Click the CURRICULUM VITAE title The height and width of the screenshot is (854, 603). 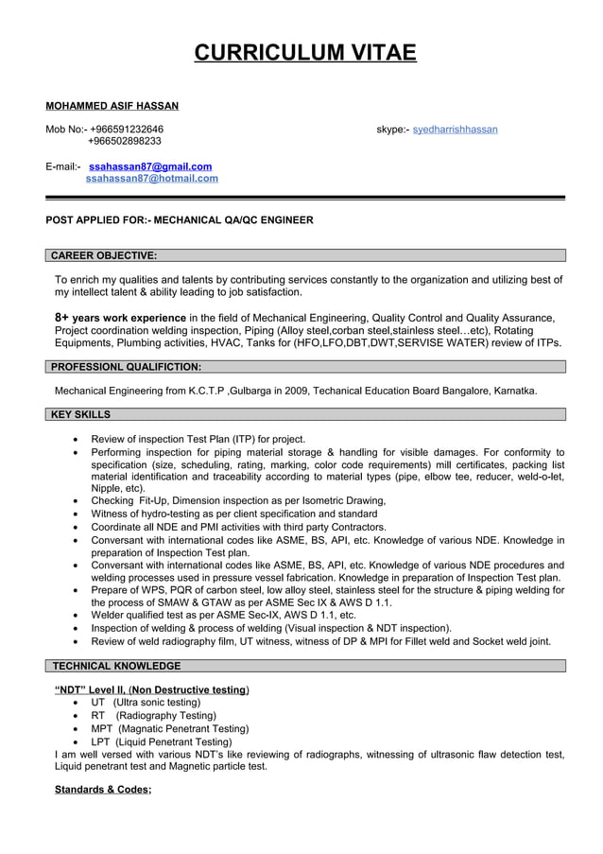tap(304, 52)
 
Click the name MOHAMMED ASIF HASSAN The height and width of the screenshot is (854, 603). tap(112, 106)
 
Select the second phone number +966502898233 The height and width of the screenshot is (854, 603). tap(125, 141)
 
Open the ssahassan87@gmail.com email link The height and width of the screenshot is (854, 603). tap(150, 166)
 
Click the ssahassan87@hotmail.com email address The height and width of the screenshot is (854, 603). tap(151, 178)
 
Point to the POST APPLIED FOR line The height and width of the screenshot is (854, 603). tap(180, 219)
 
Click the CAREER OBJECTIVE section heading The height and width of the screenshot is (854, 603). tap(104, 255)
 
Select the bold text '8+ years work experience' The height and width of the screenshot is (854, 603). tap(120, 318)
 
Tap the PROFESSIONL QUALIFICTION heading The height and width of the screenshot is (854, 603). tap(126, 366)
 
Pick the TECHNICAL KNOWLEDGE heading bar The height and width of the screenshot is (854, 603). tap(116, 666)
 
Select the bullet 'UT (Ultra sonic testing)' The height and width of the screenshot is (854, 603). tap(146, 703)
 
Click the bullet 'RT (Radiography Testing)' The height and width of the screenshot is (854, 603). tap(153, 716)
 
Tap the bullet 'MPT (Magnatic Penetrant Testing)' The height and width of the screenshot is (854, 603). tap(169, 729)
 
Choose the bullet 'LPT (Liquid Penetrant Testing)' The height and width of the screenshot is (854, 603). tap(161, 742)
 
